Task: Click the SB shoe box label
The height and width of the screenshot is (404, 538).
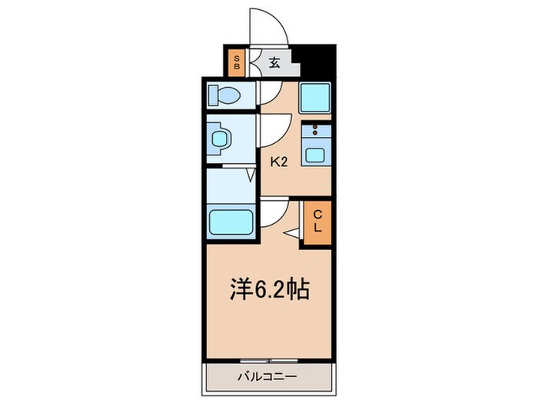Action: point(237,62)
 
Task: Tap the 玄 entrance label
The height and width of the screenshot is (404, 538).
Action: point(274,62)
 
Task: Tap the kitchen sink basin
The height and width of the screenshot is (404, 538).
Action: point(316,153)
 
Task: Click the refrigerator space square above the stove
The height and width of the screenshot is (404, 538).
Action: point(315,98)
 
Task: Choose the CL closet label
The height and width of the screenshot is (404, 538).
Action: point(316,222)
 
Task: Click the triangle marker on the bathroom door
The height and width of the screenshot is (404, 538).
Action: point(251,176)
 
